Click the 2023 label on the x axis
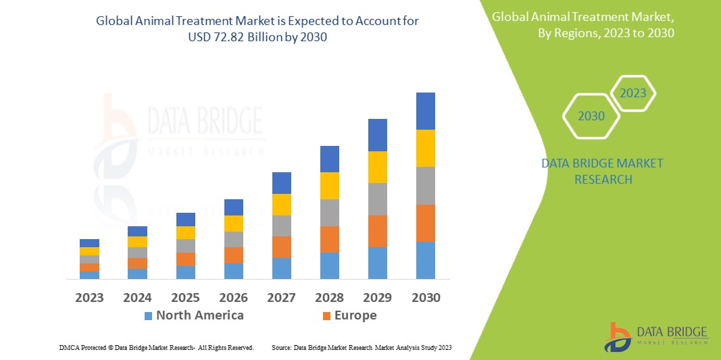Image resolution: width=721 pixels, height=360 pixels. click(89, 297)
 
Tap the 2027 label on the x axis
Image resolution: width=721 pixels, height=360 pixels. click(282, 297)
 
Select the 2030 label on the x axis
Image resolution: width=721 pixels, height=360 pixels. click(426, 297)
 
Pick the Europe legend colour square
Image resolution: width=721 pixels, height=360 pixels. click(327, 315)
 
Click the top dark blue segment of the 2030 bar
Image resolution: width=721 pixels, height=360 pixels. click(426, 111)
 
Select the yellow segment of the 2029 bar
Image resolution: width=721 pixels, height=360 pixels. click(378, 167)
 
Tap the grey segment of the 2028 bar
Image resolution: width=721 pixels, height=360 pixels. click(330, 212)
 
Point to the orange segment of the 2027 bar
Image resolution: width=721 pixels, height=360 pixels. click(282, 247)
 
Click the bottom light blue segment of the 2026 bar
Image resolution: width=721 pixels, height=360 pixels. click(234, 271)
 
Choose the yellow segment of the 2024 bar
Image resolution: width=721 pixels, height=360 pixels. click(137, 242)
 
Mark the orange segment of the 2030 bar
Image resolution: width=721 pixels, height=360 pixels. click(426, 223)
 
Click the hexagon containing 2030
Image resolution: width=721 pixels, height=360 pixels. click(592, 116)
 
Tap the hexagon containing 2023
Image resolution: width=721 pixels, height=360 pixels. click(633, 93)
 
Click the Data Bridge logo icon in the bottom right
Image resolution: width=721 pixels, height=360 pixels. click(617, 336)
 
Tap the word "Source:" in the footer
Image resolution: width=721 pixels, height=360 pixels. click(282, 347)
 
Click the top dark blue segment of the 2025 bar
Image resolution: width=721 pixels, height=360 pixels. click(186, 219)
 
